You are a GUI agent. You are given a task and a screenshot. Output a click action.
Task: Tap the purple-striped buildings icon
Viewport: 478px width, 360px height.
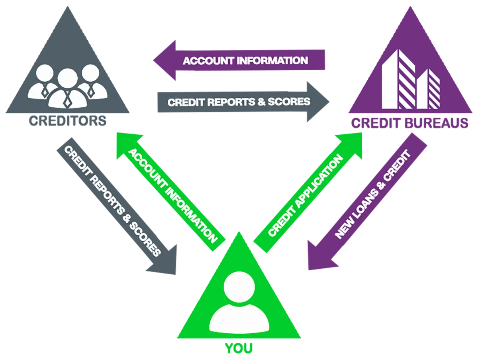(410, 79)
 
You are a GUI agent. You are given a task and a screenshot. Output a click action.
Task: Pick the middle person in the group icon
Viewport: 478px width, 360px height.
(67, 90)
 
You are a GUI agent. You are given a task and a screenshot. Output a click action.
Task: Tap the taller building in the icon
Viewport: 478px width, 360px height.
(398, 79)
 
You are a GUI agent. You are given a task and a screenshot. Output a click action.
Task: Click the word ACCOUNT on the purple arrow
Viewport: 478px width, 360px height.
(208, 61)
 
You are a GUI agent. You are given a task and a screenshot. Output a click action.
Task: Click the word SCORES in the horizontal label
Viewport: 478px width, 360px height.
(289, 102)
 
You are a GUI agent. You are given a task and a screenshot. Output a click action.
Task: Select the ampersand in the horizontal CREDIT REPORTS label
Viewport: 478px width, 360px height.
(261, 102)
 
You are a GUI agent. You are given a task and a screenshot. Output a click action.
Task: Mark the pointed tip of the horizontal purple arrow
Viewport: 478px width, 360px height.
(151, 61)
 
